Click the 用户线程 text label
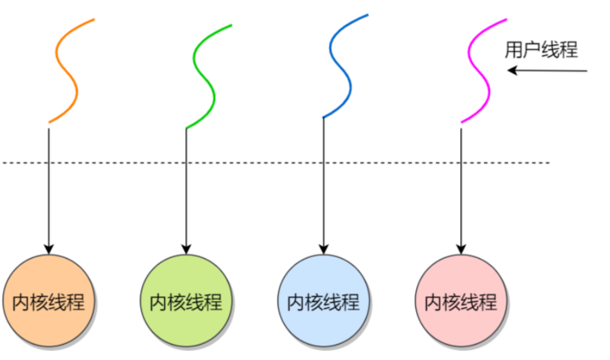pos(541,50)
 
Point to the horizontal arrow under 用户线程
pos(549,71)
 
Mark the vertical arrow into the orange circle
pos(48,187)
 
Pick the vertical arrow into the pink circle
pos(460,187)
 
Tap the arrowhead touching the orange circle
pos(48,249)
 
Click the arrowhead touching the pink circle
pos(460,249)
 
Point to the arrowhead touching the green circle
pos(185,249)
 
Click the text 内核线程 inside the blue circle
pos(323,302)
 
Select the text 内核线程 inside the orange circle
pos(48,302)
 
